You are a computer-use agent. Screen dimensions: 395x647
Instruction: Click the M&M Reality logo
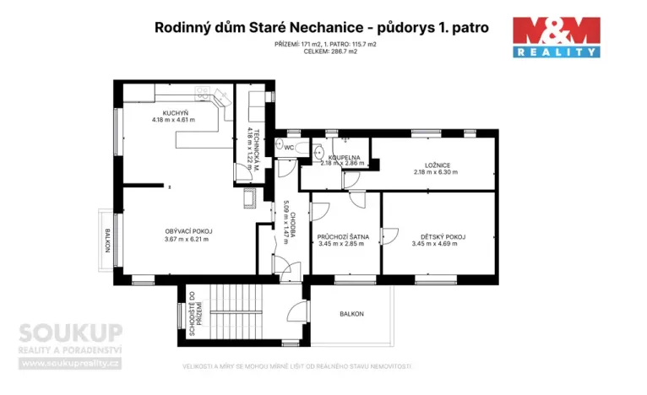557,37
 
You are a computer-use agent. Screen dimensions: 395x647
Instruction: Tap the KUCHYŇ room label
175,112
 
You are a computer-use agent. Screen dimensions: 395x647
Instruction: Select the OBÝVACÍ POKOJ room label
188,230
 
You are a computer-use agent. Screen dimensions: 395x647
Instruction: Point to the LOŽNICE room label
436,165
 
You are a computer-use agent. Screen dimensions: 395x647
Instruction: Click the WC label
288,148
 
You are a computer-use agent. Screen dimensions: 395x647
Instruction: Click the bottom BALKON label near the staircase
351,314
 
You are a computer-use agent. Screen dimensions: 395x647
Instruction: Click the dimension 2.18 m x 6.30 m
436,172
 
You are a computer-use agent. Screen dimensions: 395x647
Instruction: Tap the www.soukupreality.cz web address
71,363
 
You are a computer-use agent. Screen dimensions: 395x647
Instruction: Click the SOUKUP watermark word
71,332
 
